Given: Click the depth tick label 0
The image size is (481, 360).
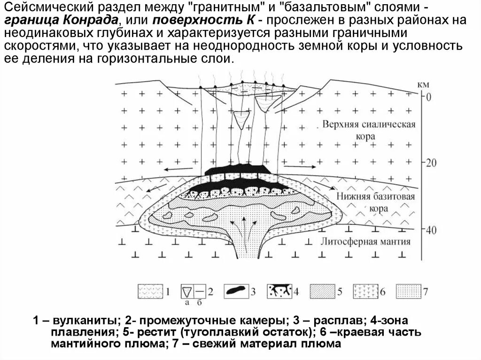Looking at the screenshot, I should coord(427,97).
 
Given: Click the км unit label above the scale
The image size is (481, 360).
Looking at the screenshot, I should coord(422,85).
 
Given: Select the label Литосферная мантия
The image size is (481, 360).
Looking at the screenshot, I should coord(366,242).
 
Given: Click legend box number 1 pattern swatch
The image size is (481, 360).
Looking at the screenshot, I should coord(150,291).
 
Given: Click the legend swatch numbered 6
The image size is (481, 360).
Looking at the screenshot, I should coord(365,291).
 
